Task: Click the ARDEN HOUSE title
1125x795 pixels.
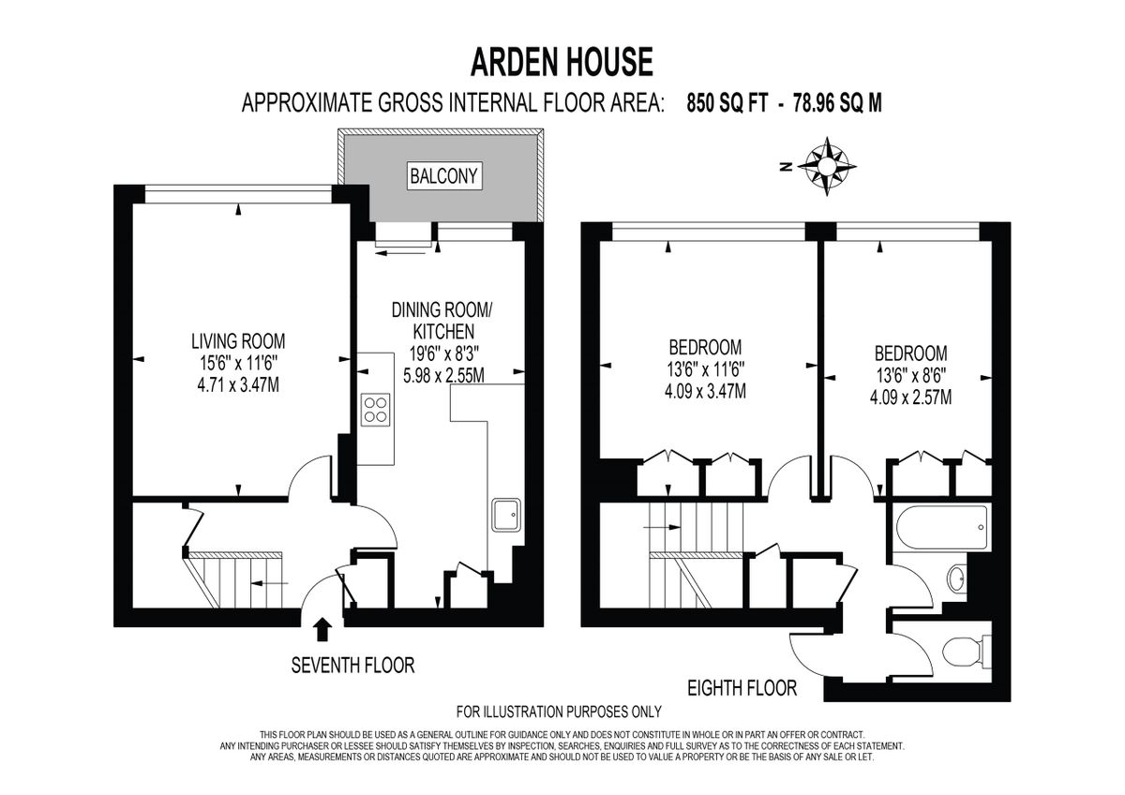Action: click(x=562, y=62)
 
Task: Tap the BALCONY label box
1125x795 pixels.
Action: click(x=444, y=175)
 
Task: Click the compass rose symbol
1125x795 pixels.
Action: click(x=827, y=166)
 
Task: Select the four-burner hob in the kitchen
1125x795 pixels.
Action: click(x=375, y=410)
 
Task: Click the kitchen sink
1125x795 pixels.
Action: click(x=506, y=515)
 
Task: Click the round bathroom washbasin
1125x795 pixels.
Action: click(x=955, y=579)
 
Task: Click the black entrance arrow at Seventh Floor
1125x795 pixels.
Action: click(x=322, y=629)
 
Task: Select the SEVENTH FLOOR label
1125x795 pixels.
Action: click(x=352, y=666)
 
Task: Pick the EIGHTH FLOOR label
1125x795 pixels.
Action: click(x=742, y=688)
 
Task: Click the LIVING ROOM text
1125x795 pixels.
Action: click(x=238, y=341)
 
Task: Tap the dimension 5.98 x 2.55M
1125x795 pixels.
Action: click(x=443, y=375)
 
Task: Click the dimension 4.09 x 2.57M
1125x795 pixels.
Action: click(x=910, y=397)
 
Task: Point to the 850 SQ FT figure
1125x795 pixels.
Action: click(x=727, y=103)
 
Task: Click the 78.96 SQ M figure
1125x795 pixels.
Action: click(x=837, y=103)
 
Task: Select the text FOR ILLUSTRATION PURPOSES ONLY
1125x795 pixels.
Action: click(x=559, y=712)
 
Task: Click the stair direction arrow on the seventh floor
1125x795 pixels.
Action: click(x=269, y=583)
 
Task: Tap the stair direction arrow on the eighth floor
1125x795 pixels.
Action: click(x=662, y=527)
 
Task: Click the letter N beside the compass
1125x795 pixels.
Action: click(x=787, y=167)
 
